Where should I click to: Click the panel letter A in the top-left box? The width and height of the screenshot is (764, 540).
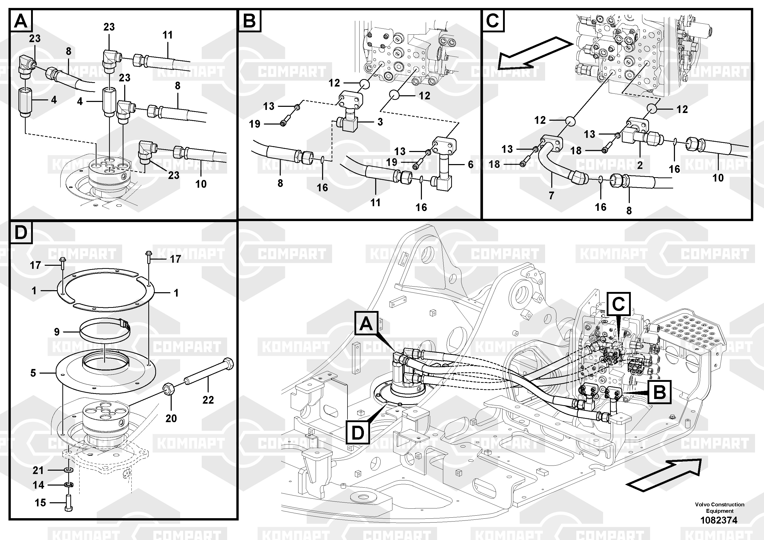(x=21, y=21)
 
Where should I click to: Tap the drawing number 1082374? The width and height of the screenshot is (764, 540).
(x=719, y=520)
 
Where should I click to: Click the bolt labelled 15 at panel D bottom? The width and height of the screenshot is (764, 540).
(x=69, y=503)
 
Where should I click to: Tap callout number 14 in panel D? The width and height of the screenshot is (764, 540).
(x=38, y=485)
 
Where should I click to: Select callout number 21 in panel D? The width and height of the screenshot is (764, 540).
(x=38, y=470)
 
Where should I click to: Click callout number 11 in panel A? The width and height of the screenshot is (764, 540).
(x=168, y=35)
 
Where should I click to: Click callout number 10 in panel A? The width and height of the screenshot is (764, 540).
(x=201, y=184)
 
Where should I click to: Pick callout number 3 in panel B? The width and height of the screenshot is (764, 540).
(x=380, y=122)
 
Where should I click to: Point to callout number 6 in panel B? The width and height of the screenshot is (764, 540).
(x=470, y=164)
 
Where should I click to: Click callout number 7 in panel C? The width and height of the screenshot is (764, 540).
(x=551, y=195)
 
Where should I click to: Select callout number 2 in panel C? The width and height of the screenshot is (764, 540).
(x=640, y=165)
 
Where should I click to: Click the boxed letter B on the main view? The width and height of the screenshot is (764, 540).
(x=659, y=392)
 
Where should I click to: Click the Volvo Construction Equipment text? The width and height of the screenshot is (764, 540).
(x=719, y=508)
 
